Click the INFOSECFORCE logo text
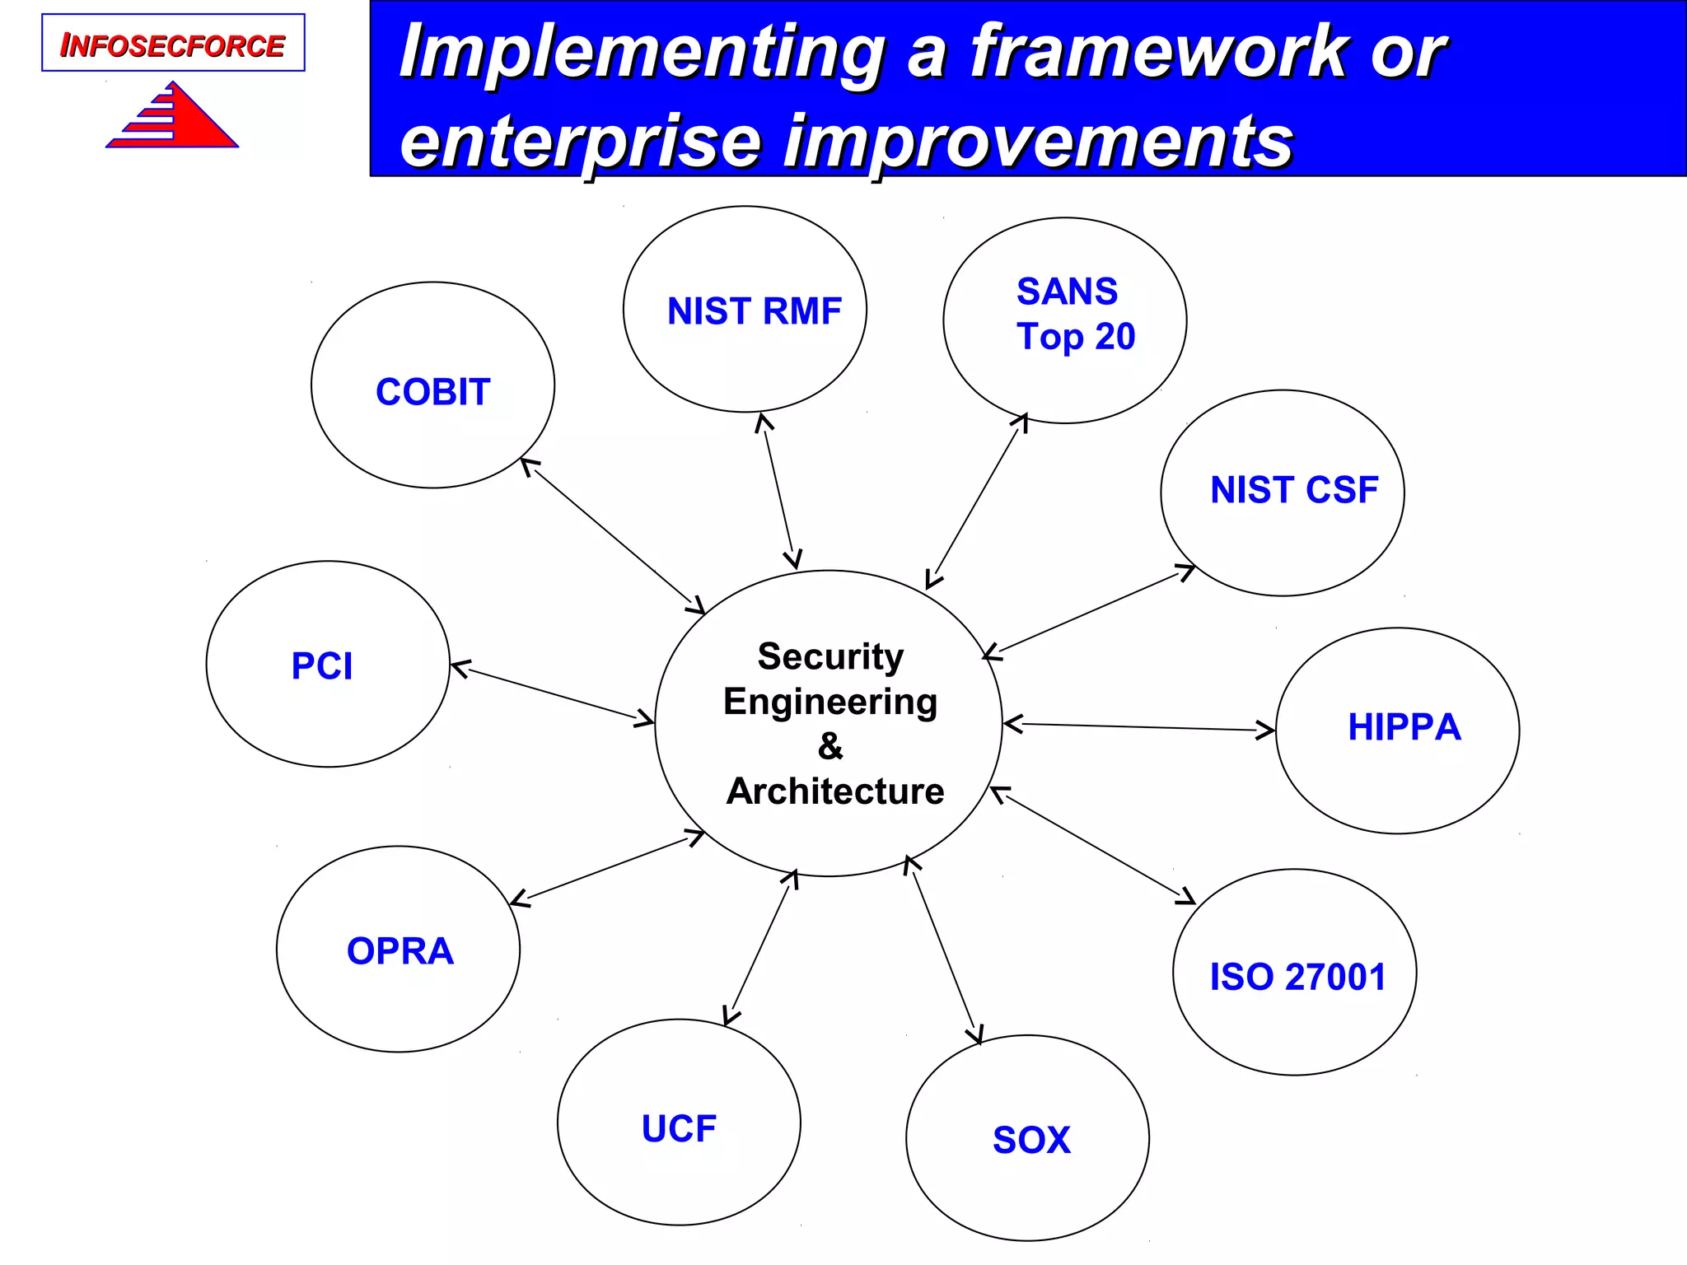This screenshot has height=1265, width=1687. click(x=172, y=45)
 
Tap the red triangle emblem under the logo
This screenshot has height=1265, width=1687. click(x=177, y=119)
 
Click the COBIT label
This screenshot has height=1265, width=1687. click(x=432, y=392)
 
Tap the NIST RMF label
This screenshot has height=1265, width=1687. click(x=754, y=311)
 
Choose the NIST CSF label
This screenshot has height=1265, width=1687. click(x=1293, y=490)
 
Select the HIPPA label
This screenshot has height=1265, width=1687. click(x=1404, y=727)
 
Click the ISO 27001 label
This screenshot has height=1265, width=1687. click(x=1297, y=977)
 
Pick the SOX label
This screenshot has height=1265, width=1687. click(x=1031, y=1141)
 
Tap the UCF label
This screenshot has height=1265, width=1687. click(x=679, y=1128)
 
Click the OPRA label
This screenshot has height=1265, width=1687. click(x=400, y=951)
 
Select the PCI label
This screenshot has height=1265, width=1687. click(x=322, y=665)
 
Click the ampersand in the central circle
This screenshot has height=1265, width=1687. click(x=830, y=746)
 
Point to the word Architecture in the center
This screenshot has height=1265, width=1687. click(x=834, y=791)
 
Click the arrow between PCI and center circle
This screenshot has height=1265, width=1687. click(x=552, y=693)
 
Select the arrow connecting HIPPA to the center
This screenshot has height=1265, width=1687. click(x=1138, y=727)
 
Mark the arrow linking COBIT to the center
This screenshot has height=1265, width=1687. click(x=613, y=536)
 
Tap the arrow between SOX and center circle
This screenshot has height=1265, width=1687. click(x=944, y=950)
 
